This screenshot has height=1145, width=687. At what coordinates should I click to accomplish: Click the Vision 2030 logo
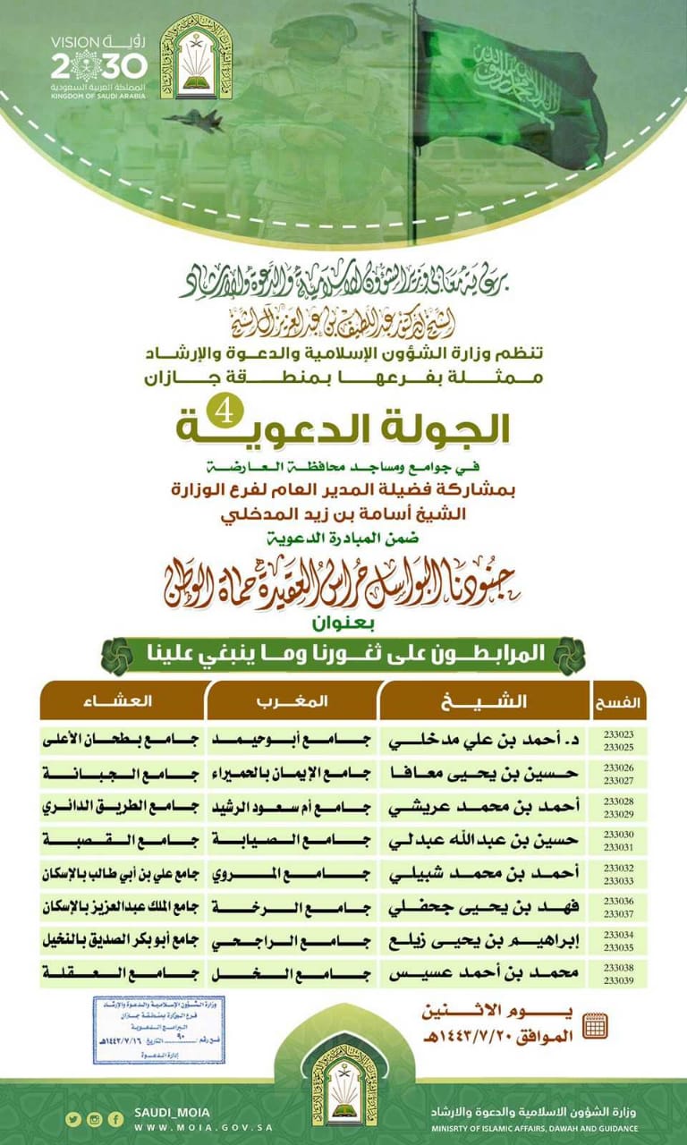(x=98, y=63)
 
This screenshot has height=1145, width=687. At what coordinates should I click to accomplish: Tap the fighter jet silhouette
(x=194, y=121)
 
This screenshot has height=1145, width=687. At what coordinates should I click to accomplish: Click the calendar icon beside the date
(x=594, y=1025)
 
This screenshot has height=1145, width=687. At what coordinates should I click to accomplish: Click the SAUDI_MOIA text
(x=172, y=1111)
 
